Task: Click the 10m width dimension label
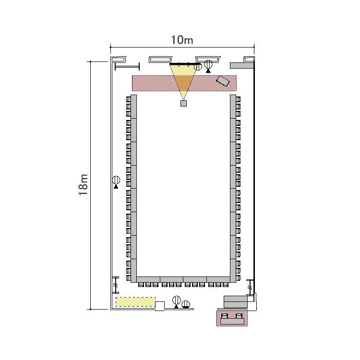point(182,40)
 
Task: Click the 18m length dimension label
point(83,185)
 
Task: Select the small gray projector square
point(183,103)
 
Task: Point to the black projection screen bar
point(185,63)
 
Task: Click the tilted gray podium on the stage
point(223,81)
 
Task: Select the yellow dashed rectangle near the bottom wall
point(135,302)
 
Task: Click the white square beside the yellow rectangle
point(160,306)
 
